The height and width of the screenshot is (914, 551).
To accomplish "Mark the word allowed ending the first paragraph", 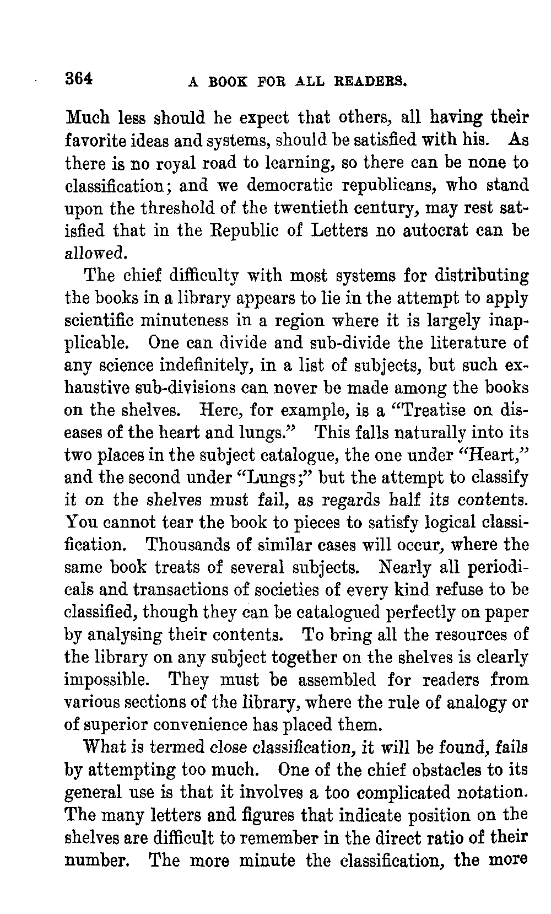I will coord(96,253).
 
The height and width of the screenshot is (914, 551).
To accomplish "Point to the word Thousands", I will coord(187,545).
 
